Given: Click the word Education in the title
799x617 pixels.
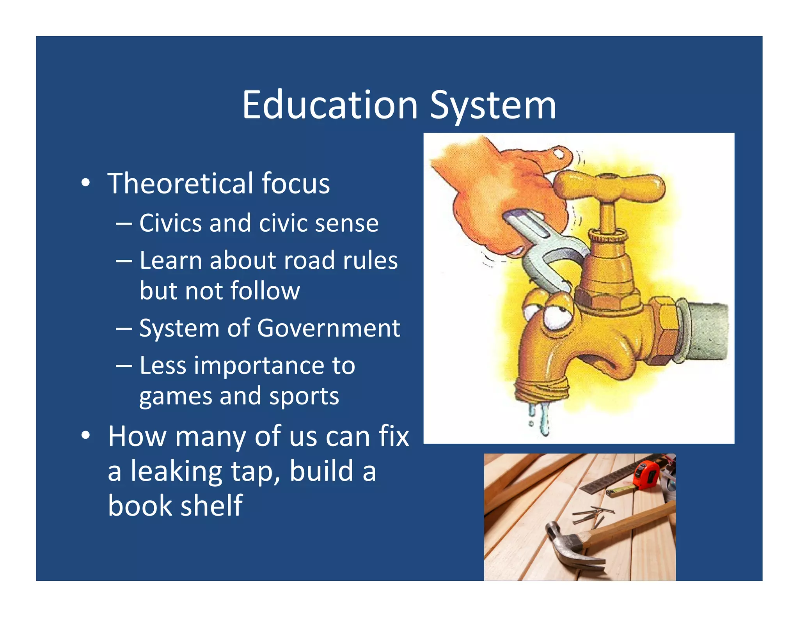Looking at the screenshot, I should click(330, 105).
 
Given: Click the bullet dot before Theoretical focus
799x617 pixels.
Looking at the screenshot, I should click(85, 183).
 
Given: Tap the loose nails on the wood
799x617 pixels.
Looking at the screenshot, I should click(591, 515).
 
